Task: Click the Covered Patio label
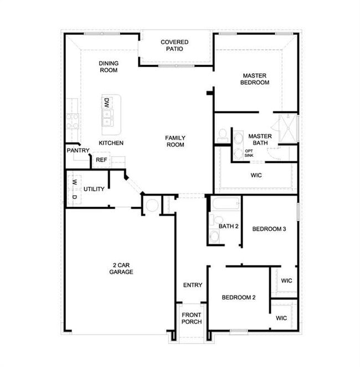(x=174, y=45)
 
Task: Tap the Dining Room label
(x=109, y=67)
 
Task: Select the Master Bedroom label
(x=255, y=79)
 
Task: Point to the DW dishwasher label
(x=107, y=103)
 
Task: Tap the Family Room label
(x=175, y=141)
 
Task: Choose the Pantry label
(x=78, y=150)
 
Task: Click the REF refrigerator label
(x=101, y=160)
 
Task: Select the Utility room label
(x=94, y=189)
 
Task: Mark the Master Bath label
(x=260, y=140)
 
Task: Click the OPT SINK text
(x=249, y=154)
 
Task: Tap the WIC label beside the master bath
(x=256, y=175)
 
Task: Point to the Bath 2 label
(x=228, y=226)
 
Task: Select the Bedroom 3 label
(x=269, y=229)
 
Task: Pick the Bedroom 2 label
(x=239, y=298)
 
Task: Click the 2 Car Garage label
(x=120, y=268)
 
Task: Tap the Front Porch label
(x=192, y=318)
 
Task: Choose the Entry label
(x=192, y=285)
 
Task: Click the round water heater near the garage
(x=152, y=206)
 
